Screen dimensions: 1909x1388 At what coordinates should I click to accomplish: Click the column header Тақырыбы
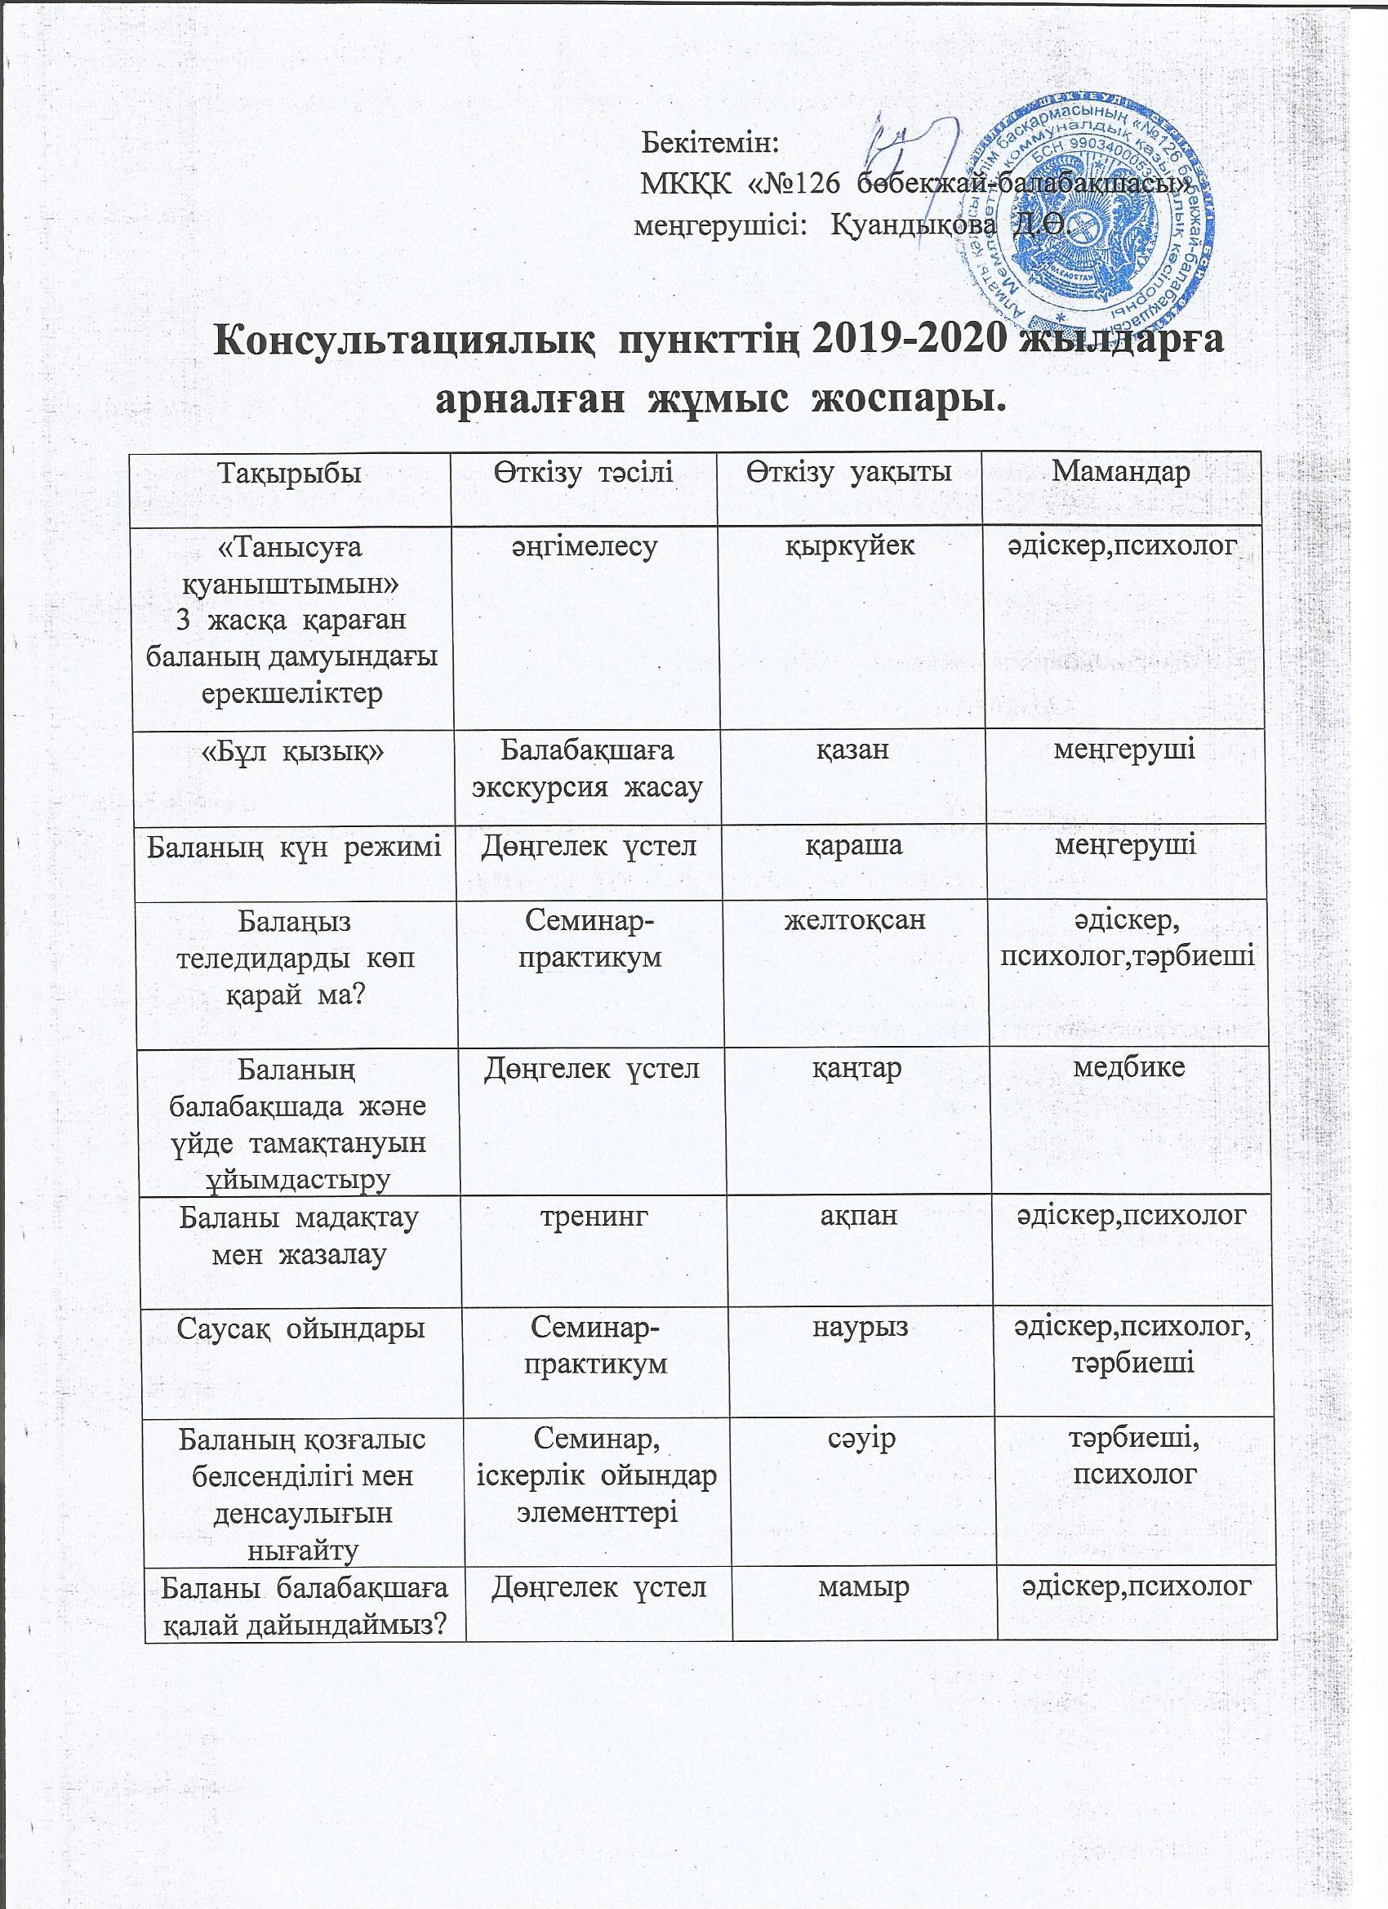point(290,473)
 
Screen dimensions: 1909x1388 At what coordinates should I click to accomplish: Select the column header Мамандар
point(1120,473)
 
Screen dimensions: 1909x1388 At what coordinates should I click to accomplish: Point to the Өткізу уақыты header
point(847,473)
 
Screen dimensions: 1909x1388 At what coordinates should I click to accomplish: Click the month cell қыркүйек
point(849,547)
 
